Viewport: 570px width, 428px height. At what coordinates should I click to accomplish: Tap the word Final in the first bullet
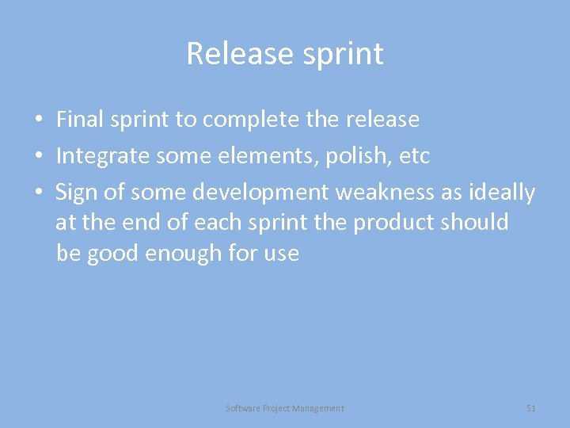click(x=81, y=120)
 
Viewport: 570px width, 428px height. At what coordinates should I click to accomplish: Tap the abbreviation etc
click(x=415, y=156)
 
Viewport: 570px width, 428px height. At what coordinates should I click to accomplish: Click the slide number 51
click(x=530, y=408)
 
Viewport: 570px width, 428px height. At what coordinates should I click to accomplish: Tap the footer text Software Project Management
click(x=285, y=408)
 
